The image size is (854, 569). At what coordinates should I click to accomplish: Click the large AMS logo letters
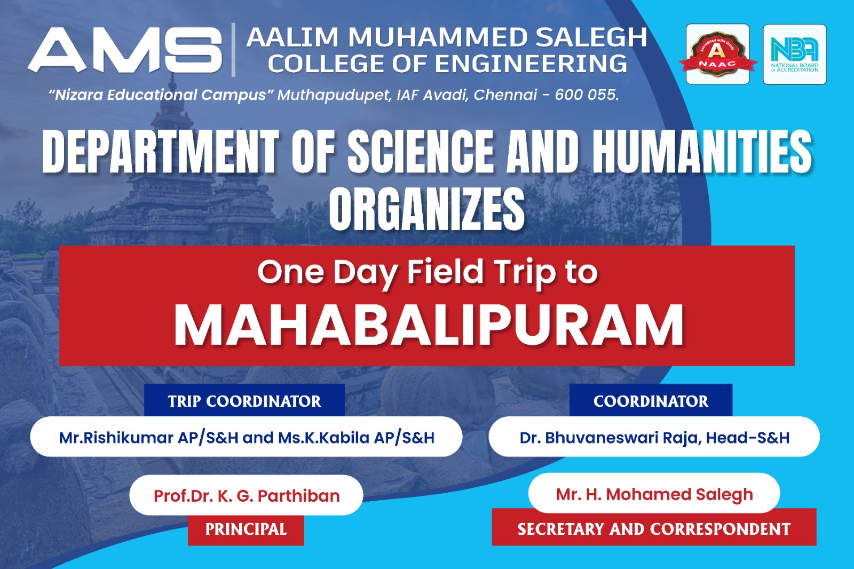click(x=125, y=50)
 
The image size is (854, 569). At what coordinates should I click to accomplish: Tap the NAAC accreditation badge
click(x=717, y=54)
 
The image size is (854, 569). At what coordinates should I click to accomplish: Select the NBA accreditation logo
click(x=795, y=54)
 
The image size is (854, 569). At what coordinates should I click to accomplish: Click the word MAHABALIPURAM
click(x=429, y=325)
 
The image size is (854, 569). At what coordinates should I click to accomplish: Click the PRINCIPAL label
click(x=246, y=530)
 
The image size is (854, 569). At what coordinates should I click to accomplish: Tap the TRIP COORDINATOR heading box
click(x=244, y=400)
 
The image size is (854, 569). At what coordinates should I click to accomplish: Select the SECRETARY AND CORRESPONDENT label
click(x=654, y=528)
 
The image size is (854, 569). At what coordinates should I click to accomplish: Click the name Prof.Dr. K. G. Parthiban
click(x=246, y=496)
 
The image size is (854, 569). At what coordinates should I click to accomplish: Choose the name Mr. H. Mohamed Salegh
click(x=654, y=495)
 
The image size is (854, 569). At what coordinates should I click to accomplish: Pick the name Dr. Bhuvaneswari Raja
click(x=610, y=438)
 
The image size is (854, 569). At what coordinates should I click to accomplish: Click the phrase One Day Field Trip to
click(x=428, y=272)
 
